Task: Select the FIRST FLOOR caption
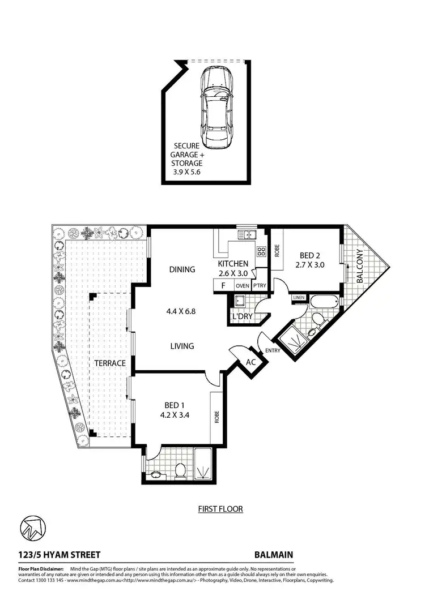(220, 509)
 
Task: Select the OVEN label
(243, 286)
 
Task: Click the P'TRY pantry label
(260, 286)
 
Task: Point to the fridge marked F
(224, 285)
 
